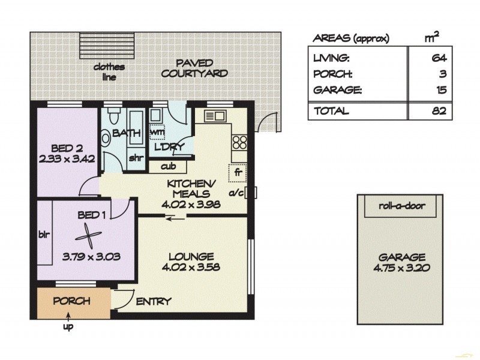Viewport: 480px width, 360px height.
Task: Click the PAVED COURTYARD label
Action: tap(194, 68)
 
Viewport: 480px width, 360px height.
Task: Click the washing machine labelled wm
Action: tap(157, 131)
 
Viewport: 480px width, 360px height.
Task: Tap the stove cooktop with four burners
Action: tap(239, 143)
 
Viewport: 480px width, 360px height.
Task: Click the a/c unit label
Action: tap(238, 193)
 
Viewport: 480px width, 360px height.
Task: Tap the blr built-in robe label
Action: tap(44, 234)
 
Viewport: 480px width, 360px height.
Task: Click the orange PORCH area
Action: tap(73, 303)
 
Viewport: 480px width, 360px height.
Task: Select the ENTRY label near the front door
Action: tap(154, 301)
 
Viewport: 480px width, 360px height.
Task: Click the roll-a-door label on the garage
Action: tap(401, 206)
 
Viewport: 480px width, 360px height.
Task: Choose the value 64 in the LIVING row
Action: tap(437, 58)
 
